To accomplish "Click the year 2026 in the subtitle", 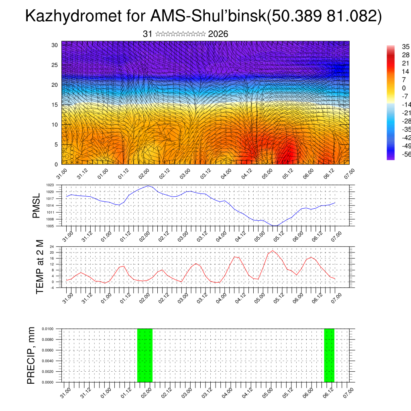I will pos(218,34).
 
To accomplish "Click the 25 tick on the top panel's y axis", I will pos(55,65).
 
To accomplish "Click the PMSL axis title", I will pos(37,205).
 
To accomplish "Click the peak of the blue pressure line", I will pos(148,186).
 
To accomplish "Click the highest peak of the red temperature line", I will pos(273,250).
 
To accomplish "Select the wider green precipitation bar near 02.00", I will pos(145,355).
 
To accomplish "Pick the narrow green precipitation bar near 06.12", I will pos(329,355).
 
